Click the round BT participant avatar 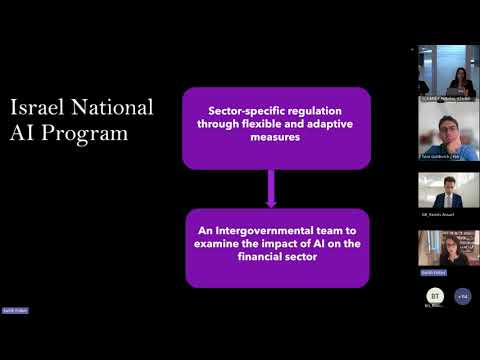[x=435, y=296]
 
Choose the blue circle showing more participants [x=462, y=296]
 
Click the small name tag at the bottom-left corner [x=15, y=310]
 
